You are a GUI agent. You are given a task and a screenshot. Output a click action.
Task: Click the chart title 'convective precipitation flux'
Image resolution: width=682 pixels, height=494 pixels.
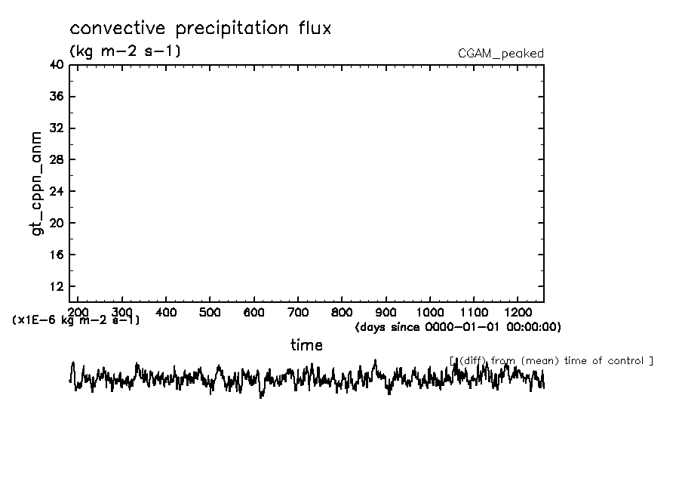pyautogui.click(x=200, y=29)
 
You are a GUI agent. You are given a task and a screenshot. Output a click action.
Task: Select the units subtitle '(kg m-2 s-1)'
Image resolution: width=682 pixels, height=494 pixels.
pyautogui.click(x=124, y=51)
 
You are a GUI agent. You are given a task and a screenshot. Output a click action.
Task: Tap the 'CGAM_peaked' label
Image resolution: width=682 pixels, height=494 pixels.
pyautogui.click(x=501, y=54)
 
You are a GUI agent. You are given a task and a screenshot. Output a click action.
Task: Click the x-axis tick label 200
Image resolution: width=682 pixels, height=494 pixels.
pyautogui.click(x=78, y=312)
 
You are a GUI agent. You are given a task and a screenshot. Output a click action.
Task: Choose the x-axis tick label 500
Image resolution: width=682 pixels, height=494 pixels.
pyautogui.click(x=210, y=312)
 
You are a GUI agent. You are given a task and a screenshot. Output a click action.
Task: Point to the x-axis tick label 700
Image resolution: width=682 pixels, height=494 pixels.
pyautogui.click(x=298, y=312)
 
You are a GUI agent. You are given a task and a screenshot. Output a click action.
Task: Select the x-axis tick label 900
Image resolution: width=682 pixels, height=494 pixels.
pyautogui.click(x=386, y=312)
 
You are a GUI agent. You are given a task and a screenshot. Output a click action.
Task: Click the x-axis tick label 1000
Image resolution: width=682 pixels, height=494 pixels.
pyautogui.click(x=430, y=312)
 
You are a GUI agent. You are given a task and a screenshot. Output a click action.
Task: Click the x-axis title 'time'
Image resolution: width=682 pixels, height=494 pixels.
pyautogui.click(x=307, y=346)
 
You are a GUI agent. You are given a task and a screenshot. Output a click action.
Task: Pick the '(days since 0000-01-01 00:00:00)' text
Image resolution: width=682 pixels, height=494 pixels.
pyautogui.click(x=458, y=327)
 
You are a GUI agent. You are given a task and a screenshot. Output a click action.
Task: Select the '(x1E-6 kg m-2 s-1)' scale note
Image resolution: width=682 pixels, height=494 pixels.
pyautogui.click(x=76, y=320)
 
